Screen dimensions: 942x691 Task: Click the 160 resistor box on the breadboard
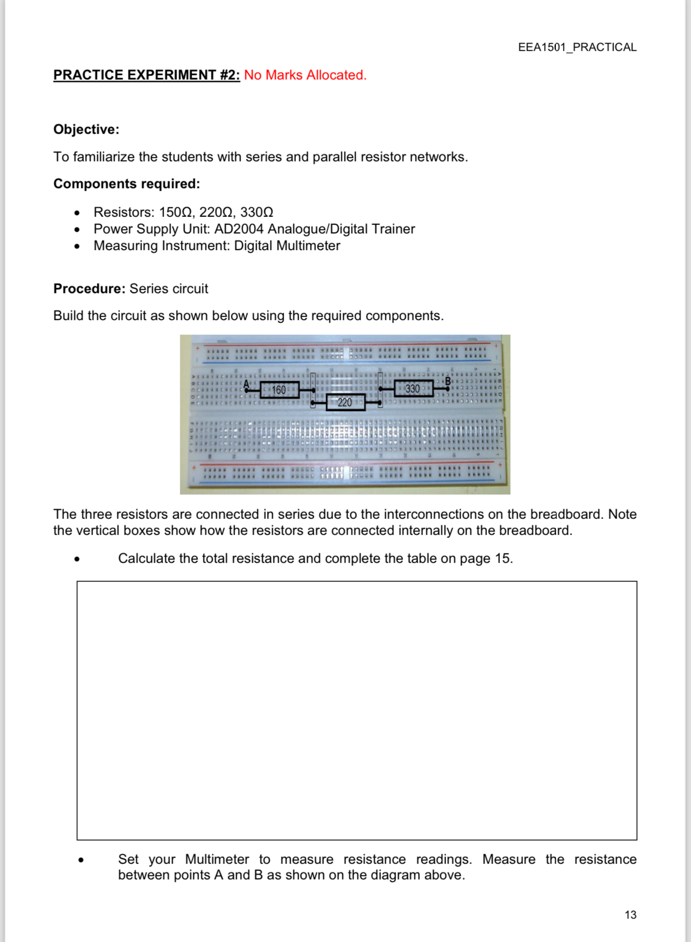tap(279, 390)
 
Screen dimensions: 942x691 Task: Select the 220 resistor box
tap(345, 402)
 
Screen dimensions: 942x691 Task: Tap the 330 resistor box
tap(413, 388)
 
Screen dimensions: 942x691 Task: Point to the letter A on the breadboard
tap(246, 384)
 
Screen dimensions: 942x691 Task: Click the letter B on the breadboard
tap(447, 381)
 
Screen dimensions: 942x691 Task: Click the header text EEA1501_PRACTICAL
tap(577, 47)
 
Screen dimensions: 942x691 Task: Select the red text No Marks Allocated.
tap(305, 75)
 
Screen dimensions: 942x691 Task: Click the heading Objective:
tap(86, 129)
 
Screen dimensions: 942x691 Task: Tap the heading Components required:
tap(126, 184)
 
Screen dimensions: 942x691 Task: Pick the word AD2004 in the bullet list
tap(238, 229)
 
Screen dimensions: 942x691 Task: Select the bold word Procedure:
tap(89, 289)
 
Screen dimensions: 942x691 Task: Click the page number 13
tap(630, 915)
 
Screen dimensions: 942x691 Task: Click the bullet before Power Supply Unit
tap(77, 230)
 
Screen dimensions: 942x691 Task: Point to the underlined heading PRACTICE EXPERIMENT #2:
tap(146, 75)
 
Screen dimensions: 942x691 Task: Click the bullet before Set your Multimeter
tap(81, 860)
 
